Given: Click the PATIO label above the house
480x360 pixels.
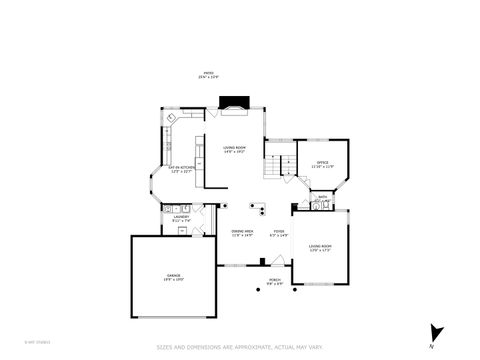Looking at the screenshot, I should click(208, 72).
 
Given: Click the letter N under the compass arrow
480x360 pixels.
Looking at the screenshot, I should click(431, 345).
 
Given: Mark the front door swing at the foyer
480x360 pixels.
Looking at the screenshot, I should click(277, 262).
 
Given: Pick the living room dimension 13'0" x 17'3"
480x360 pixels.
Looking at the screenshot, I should click(320, 249).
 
